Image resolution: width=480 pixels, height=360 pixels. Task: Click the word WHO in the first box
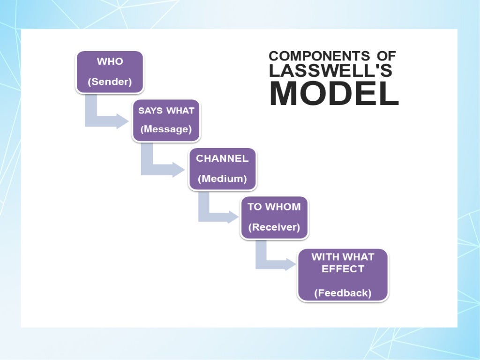pyautogui.click(x=110, y=62)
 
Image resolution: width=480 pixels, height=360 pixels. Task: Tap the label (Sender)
pyautogui.click(x=110, y=82)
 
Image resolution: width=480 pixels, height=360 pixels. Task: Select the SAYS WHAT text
pyautogui.click(x=166, y=111)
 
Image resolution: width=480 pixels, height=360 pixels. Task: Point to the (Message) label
pyautogui.click(x=166, y=129)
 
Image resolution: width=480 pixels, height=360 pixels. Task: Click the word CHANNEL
pyautogui.click(x=222, y=158)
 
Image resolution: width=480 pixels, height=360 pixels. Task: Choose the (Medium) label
pyautogui.click(x=222, y=179)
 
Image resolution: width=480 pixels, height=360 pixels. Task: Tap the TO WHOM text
pyautogui.click(x=274, y=207)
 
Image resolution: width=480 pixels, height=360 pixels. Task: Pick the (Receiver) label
pyautogui.click(x=274, y=227)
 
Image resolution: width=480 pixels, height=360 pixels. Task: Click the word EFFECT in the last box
pyautogui.click(x=343, y=269)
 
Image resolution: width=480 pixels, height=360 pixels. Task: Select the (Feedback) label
pyautogui.click(x=343, y=293)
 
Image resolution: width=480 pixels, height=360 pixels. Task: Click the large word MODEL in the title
pyautogui.click(x=334, y=93)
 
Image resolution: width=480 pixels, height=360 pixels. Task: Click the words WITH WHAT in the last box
pyautogui.click(x=343, y=257)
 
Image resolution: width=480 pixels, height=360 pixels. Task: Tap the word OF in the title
pyautogui.click(x=386, y=56)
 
